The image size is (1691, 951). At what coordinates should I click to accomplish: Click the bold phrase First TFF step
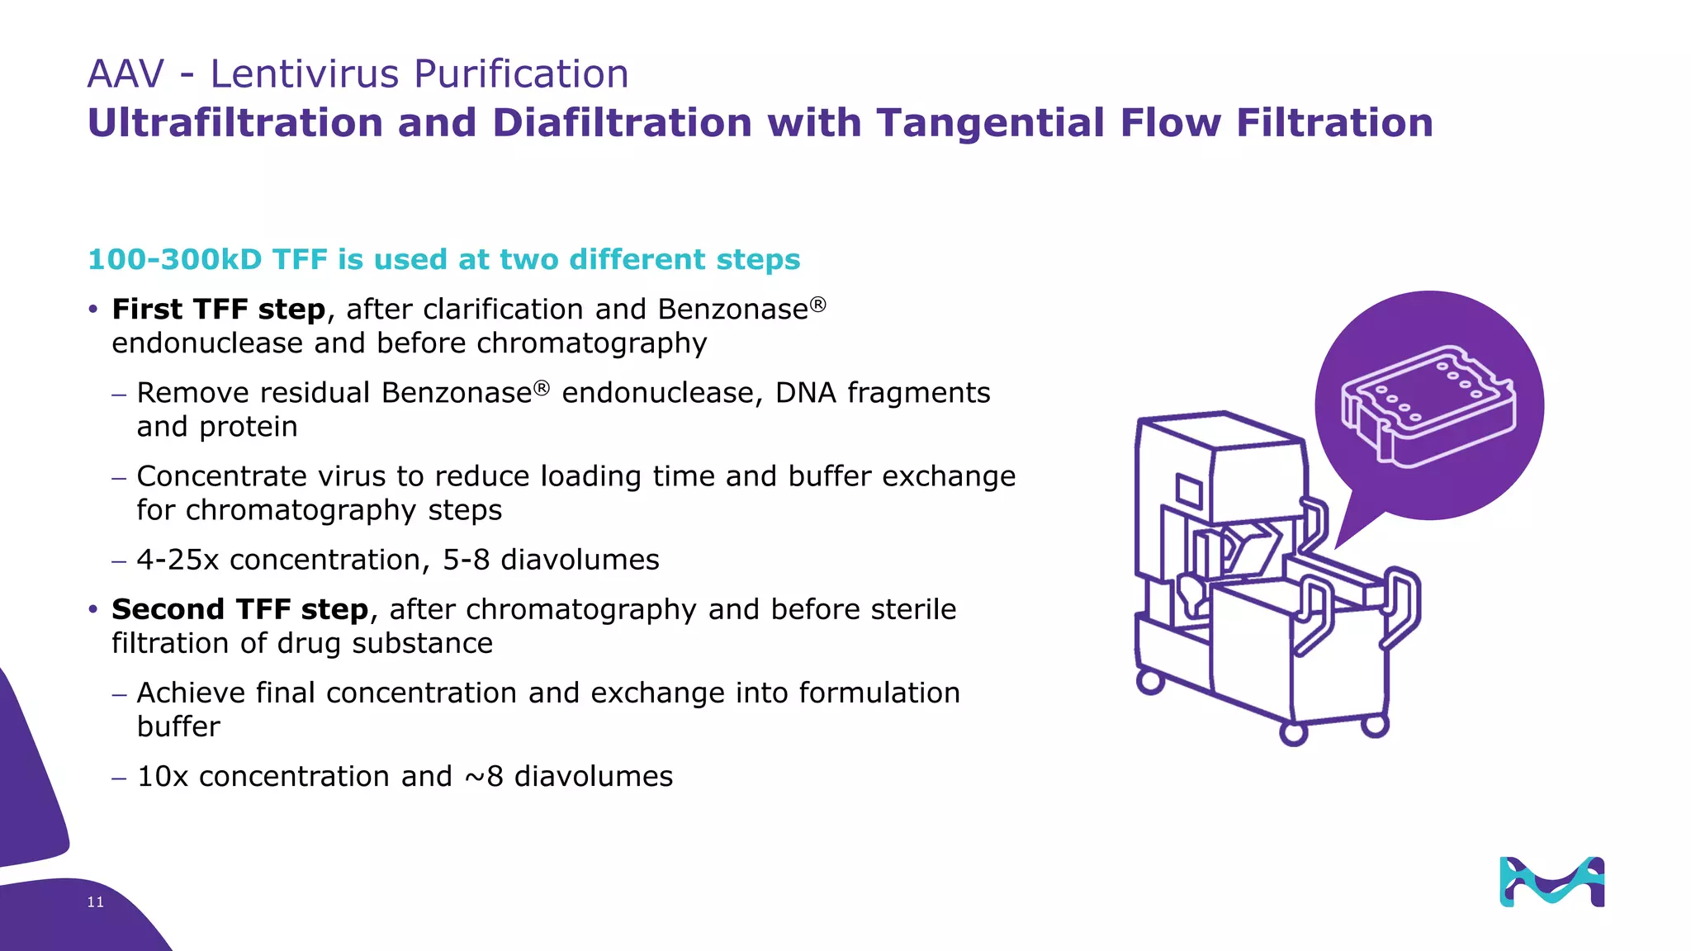click(x=219, y=310)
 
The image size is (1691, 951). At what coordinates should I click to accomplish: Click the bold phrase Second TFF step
click(x=240, y=610)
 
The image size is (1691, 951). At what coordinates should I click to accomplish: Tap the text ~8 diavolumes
click(x=569, y=777)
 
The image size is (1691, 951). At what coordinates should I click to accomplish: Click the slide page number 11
click(x=96, y=902)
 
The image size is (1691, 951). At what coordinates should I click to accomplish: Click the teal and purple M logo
click(x=1551, y=882)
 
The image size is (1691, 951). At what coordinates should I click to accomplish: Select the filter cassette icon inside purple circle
click(x=1428, y=405)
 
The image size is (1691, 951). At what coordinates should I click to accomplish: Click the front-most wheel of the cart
click(x=1293, y=733)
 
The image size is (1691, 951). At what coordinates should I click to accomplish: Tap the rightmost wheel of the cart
click(x=1374, y=726)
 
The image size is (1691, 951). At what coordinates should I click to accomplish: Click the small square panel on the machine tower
click(x=1189, y=492)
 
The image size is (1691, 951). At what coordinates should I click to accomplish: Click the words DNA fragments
click(x=882, y=393)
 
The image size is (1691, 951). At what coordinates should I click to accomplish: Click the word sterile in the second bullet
click(x=916, y=610)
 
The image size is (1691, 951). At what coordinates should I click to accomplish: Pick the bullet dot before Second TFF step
click(x=93, y=610)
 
